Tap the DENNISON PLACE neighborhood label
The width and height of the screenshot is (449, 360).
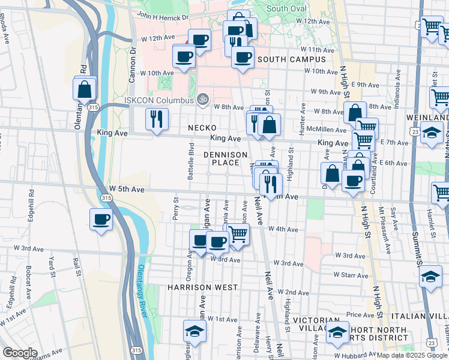226,159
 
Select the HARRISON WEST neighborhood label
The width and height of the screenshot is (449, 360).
203,287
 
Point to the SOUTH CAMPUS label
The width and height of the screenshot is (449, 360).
292,59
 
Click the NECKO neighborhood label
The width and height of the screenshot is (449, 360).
202,128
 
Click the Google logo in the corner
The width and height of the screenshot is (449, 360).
20,353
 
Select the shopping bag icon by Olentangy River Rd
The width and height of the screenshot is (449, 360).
85,89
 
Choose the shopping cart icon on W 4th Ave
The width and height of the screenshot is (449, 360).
238,235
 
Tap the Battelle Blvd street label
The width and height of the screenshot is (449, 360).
190,161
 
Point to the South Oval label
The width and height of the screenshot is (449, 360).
286,8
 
